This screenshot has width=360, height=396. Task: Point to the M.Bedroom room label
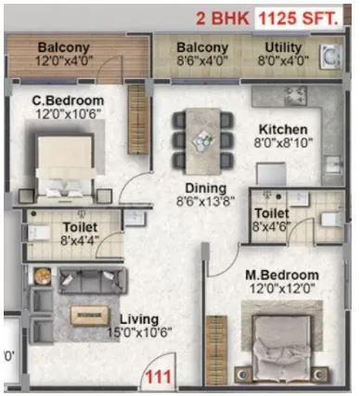[283, 275]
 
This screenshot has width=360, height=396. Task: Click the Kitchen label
[281, 128]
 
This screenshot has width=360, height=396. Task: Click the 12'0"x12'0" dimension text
[282, 290]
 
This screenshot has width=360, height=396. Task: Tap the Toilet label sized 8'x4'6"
[276, 211]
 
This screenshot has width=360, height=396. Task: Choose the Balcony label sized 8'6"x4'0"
[202, 47]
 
